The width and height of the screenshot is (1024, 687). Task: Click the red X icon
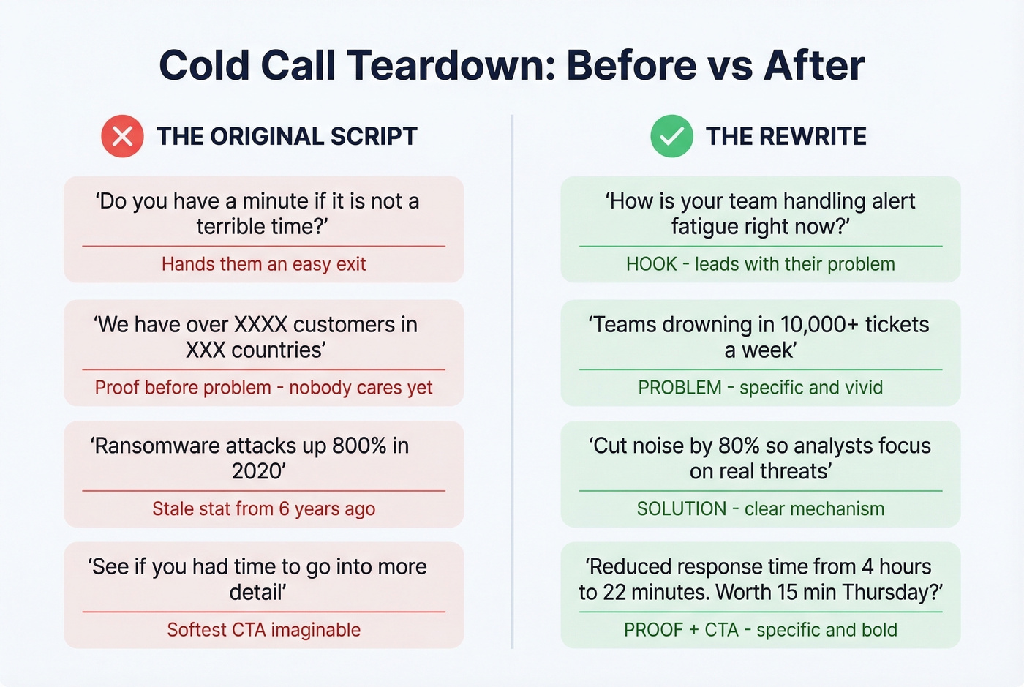pos(122,136)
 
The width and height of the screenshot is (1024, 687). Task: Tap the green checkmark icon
pos(671,136)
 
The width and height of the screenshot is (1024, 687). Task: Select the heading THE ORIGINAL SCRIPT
pos(287,136)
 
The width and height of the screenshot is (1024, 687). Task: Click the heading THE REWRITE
pos(786,136)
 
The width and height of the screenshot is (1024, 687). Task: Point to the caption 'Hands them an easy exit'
pos(263,264)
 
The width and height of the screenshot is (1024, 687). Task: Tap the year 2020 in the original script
pos(256,471)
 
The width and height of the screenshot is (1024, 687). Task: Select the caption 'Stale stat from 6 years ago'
pos(263,508)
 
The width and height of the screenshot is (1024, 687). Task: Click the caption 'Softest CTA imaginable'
pos(263,630)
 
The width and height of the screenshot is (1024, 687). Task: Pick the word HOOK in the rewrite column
pos(651,264)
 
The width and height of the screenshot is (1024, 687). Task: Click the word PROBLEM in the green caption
pos(679,388)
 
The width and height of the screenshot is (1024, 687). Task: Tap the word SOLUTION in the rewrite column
pos(681,508)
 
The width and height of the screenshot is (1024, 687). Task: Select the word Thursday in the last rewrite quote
pos(894,592)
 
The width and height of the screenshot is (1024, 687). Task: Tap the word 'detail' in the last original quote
pos(256,592)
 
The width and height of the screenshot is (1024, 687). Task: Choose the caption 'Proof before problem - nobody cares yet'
pos(263,388)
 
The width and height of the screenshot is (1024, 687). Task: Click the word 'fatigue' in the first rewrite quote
pos(703,227)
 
